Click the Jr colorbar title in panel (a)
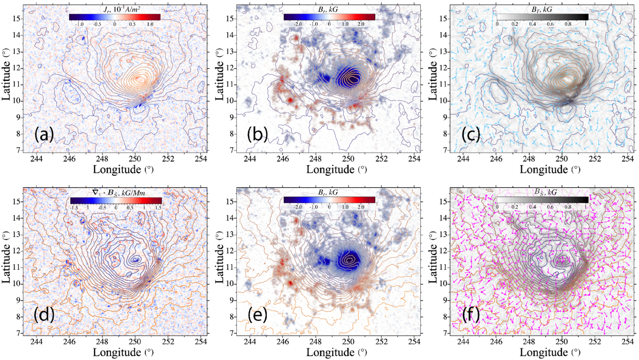(115, 10)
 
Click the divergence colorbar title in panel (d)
(116, 193)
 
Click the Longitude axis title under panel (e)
(336, 352)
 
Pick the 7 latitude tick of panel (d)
(18, 333)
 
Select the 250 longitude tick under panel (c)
(562, 159)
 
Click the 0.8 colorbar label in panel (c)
(568, 24)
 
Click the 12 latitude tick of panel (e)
(229, 251)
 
